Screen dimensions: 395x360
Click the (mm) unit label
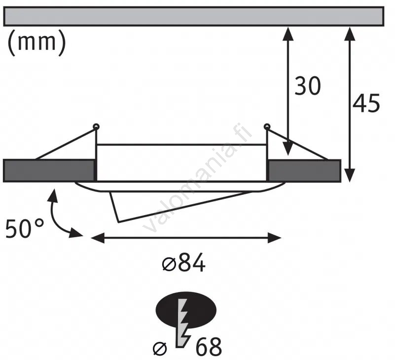point(37,42)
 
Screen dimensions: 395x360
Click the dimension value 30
point(308,86)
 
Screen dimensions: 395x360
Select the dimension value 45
point(366,103)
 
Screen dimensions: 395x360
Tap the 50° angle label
point(25,229)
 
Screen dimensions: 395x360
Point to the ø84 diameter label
point(183,263)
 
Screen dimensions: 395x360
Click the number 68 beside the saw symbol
point(209,347)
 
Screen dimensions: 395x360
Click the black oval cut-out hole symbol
point(186,310)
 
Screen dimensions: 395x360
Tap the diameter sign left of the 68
point(160,349)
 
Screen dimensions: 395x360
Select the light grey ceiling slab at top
point(194,16)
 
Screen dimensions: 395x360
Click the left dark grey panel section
point(49,170)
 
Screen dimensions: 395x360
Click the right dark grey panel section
point(304,170)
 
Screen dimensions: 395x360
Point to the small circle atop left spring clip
point(96,126)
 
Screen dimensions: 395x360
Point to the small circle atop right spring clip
point(267,126)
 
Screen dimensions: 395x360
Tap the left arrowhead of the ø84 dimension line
point(98,238)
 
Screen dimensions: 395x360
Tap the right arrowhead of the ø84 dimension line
point(274,238)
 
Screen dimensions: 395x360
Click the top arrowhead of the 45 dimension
point(350,34)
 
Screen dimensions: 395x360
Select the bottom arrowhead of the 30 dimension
point(287,148)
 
